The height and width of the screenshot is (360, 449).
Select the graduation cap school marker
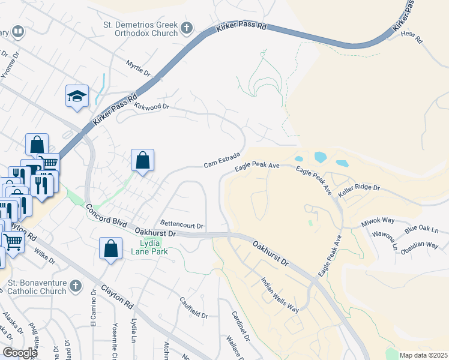coord(77,96)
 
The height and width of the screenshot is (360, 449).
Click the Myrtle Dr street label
coord(138,68)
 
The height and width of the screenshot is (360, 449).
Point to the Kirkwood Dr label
coord(152,107)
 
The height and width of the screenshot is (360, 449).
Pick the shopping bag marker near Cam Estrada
coord(142,161)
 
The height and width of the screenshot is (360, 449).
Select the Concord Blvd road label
coord(106,217)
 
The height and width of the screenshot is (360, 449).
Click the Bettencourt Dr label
coord(182,226)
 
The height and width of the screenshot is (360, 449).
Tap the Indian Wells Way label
coord(280,295)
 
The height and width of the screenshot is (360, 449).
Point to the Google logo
coord(20,352)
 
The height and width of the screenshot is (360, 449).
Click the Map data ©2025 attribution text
coord(423,355)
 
